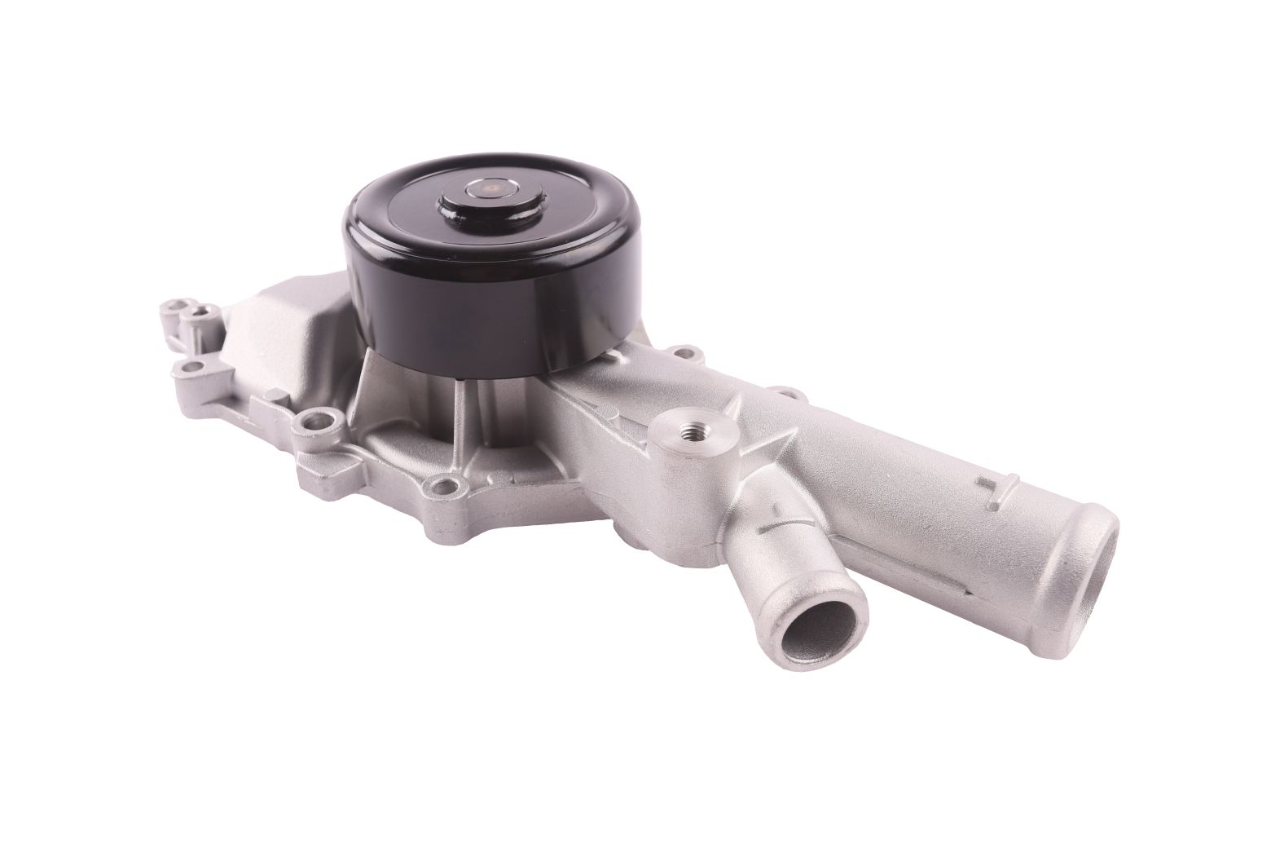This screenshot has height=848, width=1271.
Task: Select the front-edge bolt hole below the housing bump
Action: pos(318,425)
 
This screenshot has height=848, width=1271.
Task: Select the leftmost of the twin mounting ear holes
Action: pos(168,307)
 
